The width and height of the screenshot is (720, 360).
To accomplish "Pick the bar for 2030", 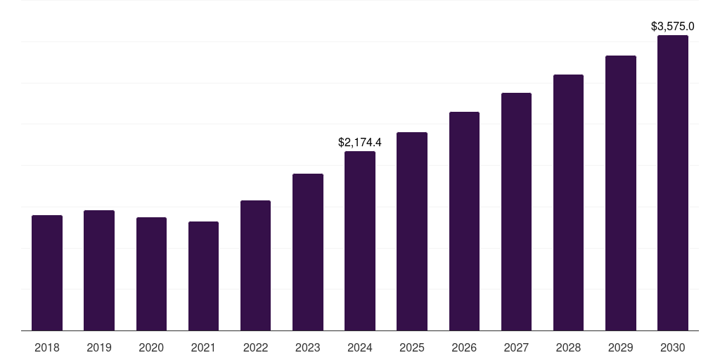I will pos(673,183).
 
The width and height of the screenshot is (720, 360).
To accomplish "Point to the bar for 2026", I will pos(464,221).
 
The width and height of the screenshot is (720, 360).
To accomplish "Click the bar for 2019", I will pos(99,270).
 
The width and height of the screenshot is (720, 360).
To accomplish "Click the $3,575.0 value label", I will pos(673,27).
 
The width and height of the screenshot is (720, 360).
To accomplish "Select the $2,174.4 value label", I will pos(360,143).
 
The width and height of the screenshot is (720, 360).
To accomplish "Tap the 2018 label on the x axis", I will pos(47,347).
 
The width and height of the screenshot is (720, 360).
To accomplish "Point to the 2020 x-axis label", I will pos(151,347).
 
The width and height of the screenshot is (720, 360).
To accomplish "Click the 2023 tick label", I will pos(308,347).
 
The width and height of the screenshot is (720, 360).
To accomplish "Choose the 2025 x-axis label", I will pos(412,347).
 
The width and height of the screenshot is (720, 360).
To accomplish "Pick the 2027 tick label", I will pos(516,347).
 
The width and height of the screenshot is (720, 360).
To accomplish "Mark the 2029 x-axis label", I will pos(621,347).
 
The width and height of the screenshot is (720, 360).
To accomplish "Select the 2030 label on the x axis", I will pos(673,347).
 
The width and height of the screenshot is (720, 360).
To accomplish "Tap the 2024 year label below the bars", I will pos(360,347).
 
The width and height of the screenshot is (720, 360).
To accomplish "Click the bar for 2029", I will pos(621,193).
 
